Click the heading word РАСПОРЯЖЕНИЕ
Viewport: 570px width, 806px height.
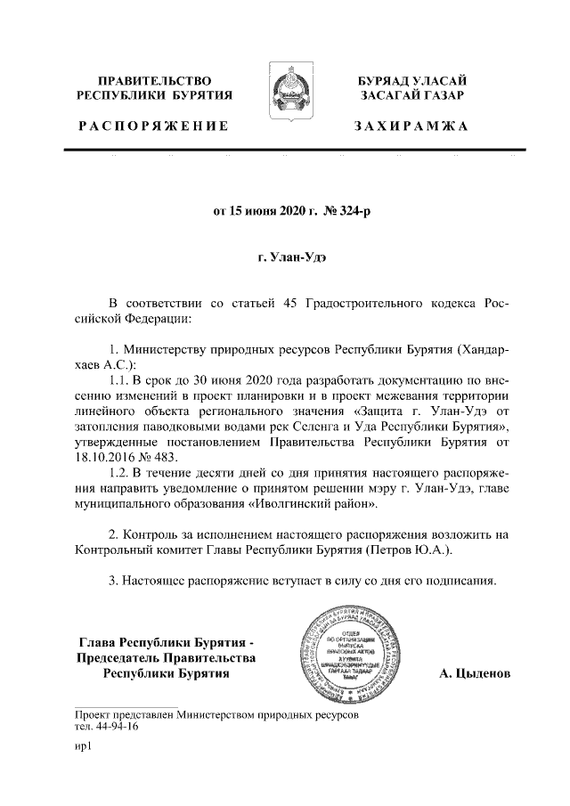point(153,127)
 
